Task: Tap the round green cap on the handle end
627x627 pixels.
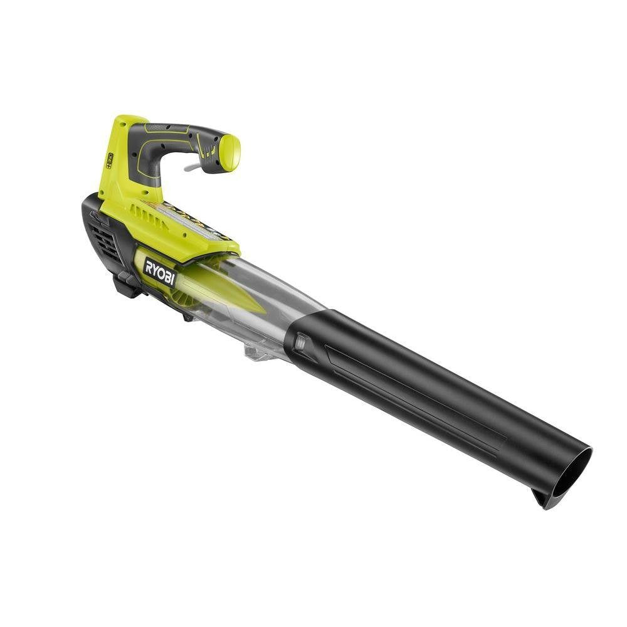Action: coord(228,152)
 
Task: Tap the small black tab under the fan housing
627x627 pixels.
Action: coord(187,317)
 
